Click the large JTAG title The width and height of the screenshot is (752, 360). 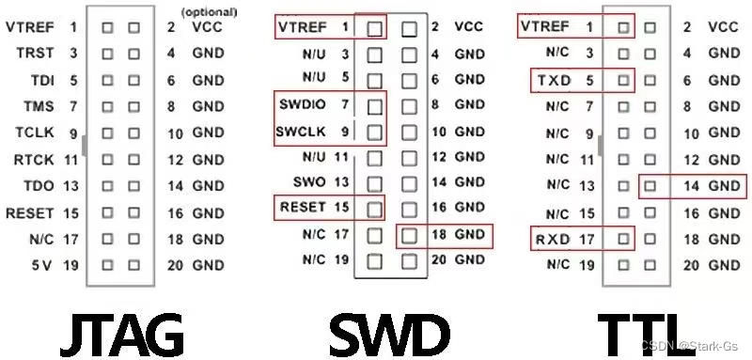121,331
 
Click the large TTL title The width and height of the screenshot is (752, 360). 650,331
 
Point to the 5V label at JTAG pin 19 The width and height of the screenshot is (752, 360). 40,266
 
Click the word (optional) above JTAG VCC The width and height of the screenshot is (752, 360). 211,12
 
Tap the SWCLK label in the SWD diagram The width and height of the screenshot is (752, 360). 301,131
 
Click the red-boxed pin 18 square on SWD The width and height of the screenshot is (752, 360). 408,232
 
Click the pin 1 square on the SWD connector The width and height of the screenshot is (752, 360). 375,28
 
